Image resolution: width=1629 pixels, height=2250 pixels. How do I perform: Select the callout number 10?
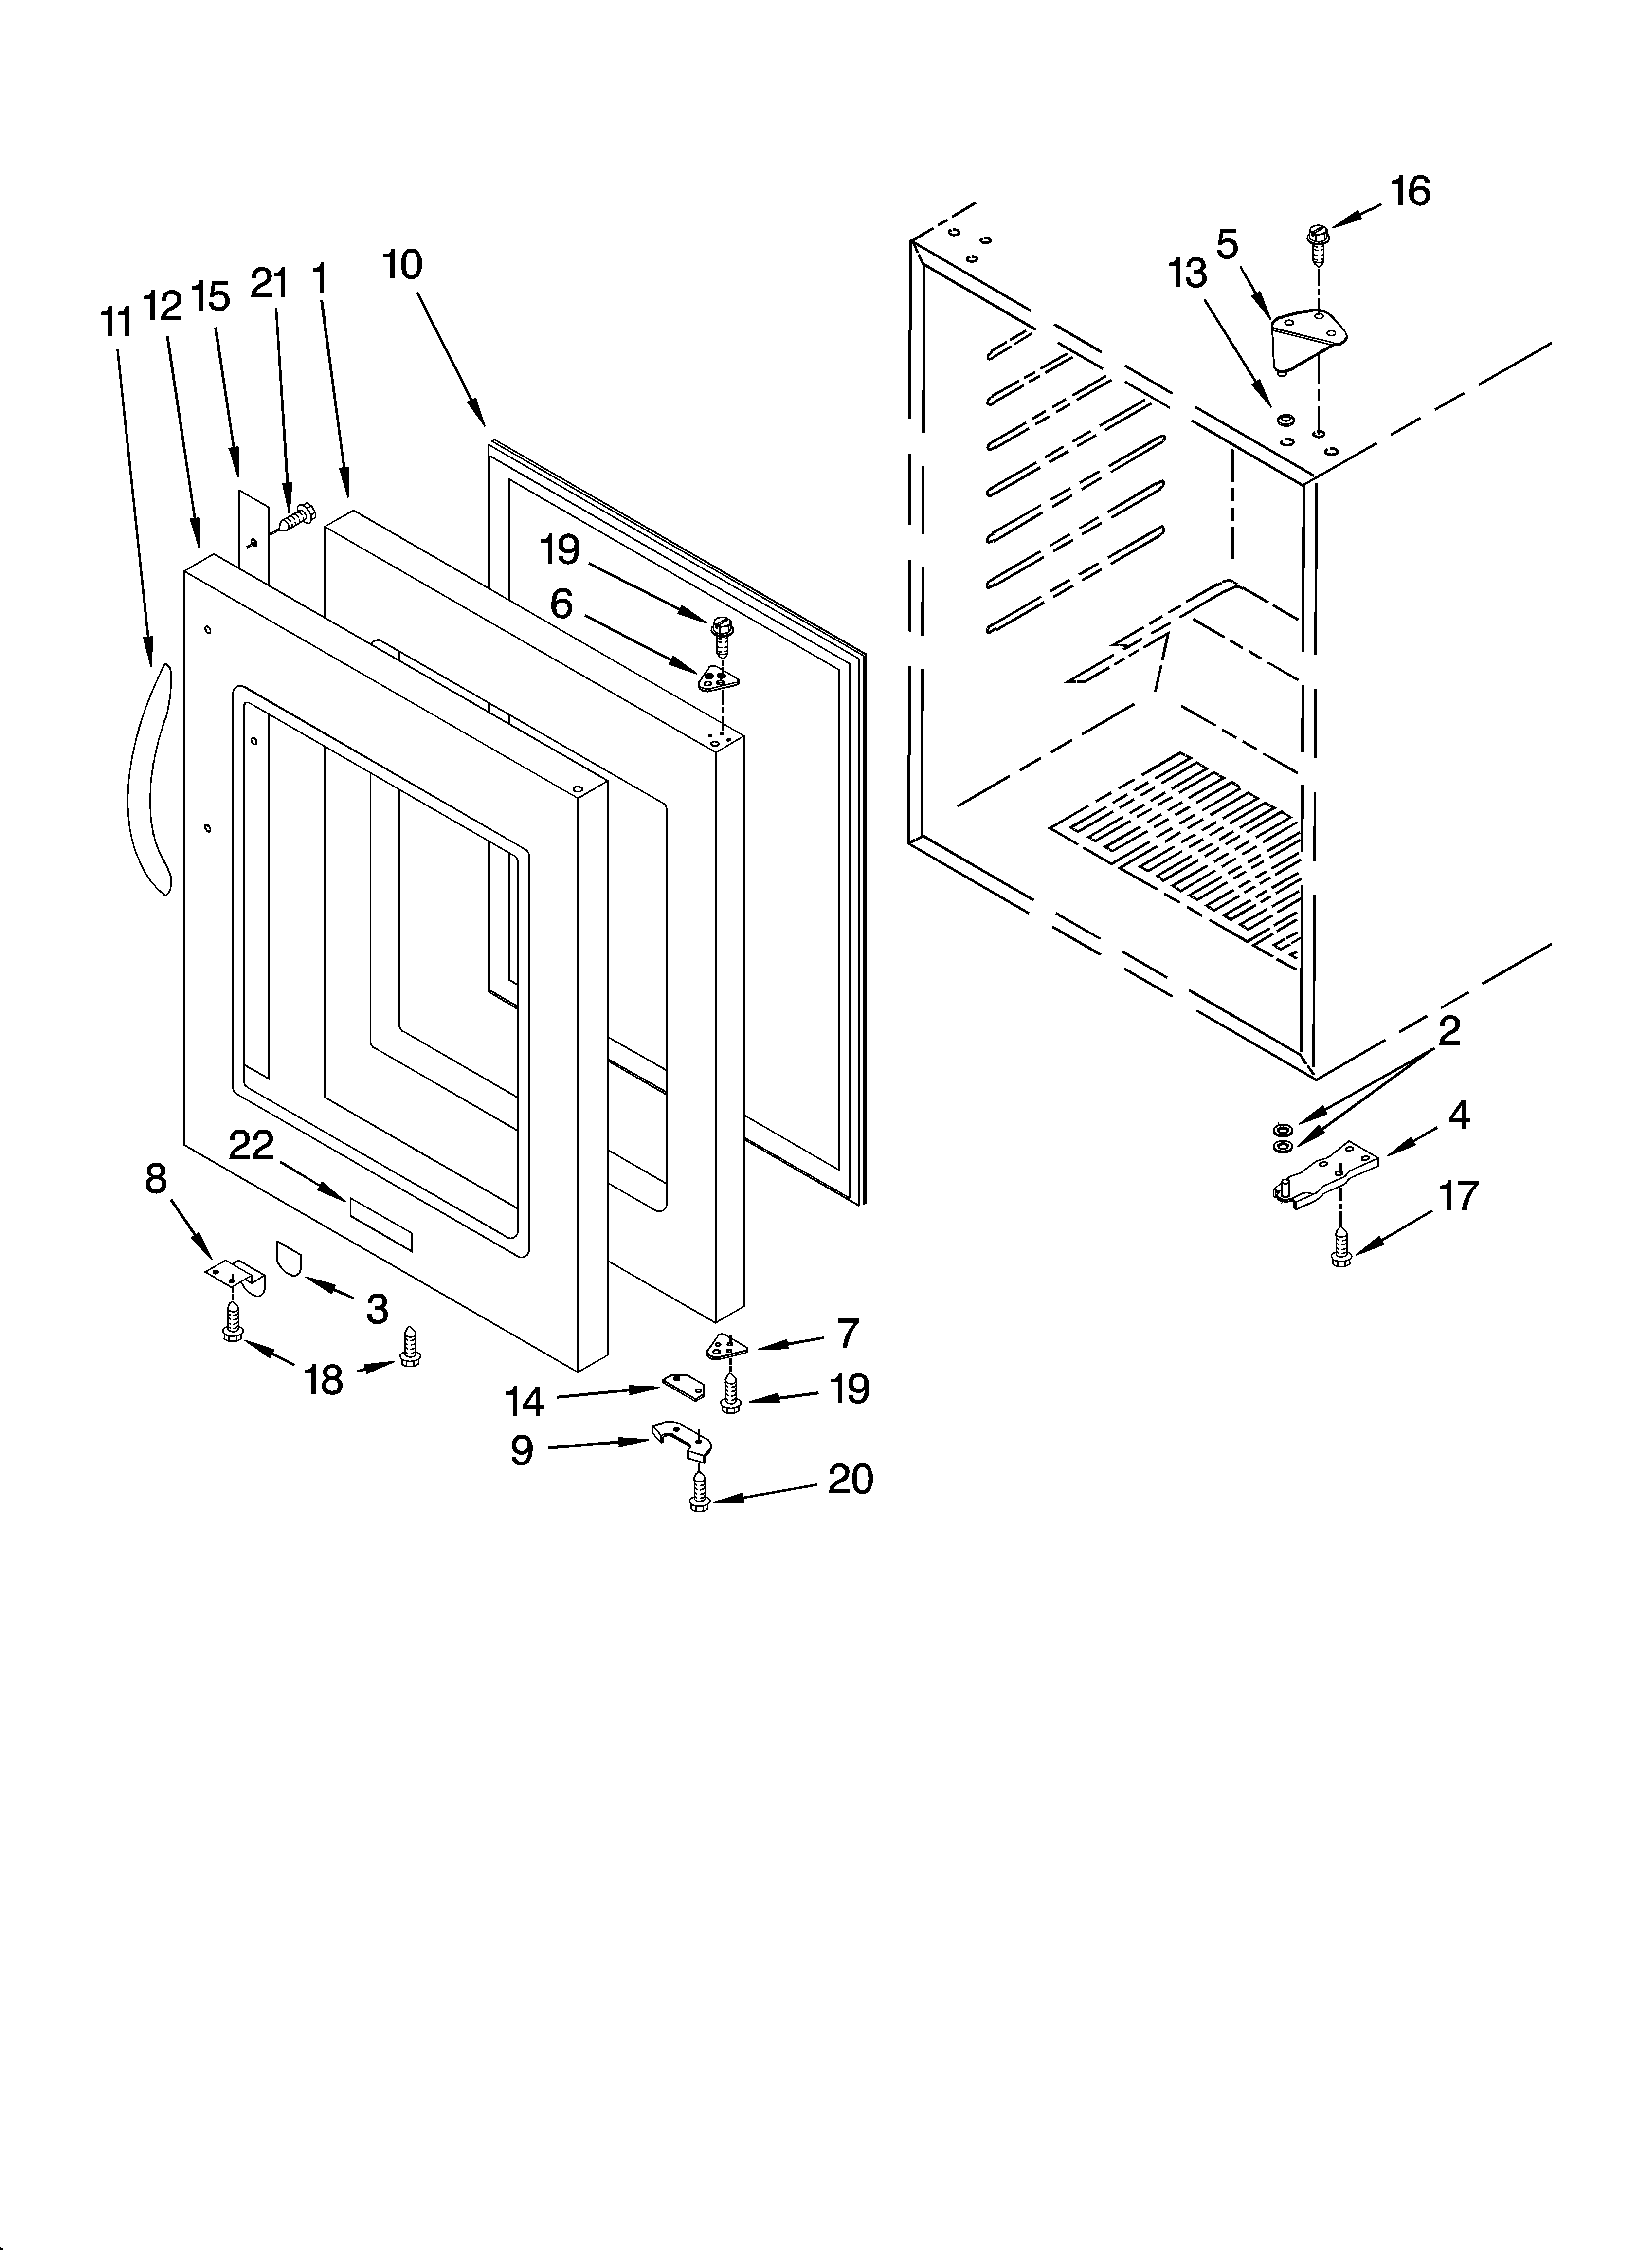[403, 265]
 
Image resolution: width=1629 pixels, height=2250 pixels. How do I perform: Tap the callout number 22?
[251, 1146]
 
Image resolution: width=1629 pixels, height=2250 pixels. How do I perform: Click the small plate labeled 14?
[684, 1386]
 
